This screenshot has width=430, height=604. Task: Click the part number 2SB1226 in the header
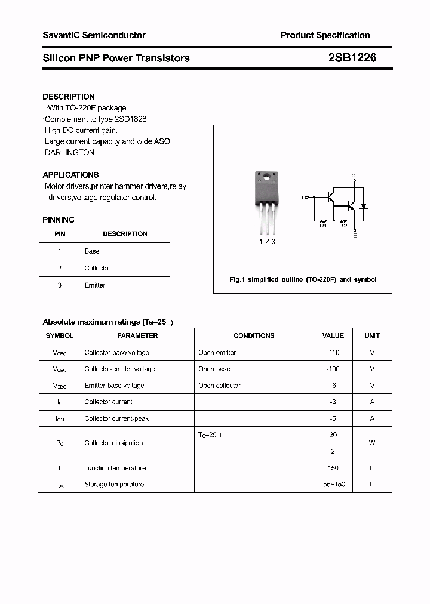(352, 58)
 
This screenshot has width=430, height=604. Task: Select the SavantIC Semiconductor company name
(94, 35)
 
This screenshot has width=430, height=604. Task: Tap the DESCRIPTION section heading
(69, 97)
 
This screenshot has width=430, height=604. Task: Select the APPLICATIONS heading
(70, 175)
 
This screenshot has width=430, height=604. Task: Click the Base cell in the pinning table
(92, 251)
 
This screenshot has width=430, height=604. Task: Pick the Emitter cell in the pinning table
(95, 285)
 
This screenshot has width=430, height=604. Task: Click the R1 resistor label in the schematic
(323, 226)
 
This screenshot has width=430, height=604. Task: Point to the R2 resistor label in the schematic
(343, 226)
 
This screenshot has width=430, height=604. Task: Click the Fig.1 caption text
(303, 279)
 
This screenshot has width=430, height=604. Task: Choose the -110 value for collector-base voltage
(333, 352)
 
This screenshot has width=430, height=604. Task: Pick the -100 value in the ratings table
(333, 369)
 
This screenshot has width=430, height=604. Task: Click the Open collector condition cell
(219, 386)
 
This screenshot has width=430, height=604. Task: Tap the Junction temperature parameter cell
(115, 468)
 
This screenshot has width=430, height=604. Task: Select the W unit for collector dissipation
(372, 443)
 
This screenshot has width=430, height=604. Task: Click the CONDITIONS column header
(254, 335)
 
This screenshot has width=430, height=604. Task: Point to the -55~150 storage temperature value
(333, 485)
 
